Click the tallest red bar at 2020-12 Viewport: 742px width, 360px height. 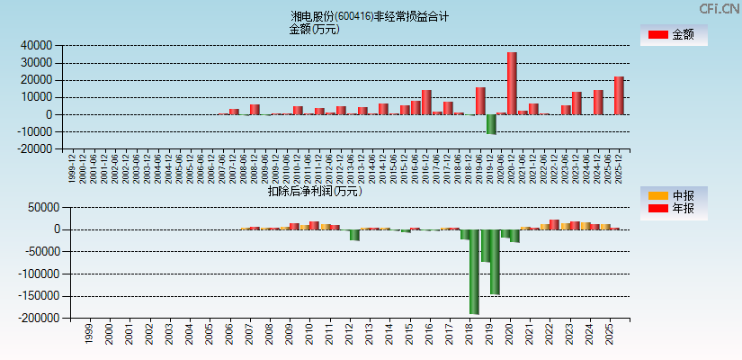click(x=512, y=83)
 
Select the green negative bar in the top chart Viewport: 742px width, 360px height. click(x=491, y=124)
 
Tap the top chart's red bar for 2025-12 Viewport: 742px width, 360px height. click(x=619, y=95)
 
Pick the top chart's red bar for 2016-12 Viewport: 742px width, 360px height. click(x=426, y=102)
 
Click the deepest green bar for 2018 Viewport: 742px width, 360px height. click(x=474, y=272)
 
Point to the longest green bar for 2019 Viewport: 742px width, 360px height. click(x=495, y=262)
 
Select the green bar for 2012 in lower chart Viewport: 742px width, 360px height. click(x=354, y=235)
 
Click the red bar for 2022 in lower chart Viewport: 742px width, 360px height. click(x=554, y=224)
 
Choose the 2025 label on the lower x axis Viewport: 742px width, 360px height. click(x=610, y=335)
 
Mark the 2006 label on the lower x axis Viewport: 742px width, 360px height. click(x=229, y=335)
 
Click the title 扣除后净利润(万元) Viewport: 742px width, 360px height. click(x=314, y=191)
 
